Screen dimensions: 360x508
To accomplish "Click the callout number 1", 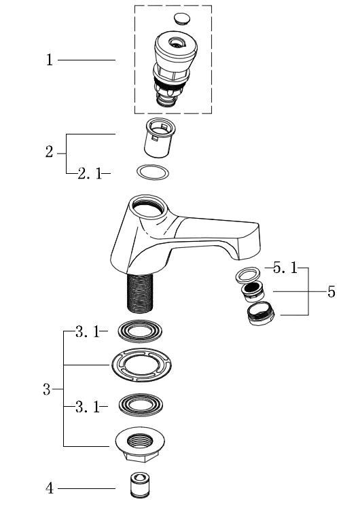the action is click(x=50, y=60).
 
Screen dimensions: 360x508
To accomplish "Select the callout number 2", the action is click(x=49, y=151).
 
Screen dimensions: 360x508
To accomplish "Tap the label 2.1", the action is click(x=90, y=174).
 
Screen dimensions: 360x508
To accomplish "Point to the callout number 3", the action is click(x=47, y=389).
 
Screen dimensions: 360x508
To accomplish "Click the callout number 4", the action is click(x=50, y=488).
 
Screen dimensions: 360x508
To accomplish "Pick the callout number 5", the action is click(x=331, y=292).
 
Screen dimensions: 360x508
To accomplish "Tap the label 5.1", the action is click(x=285, y=268).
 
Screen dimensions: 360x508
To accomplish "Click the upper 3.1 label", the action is click(x=88, y=331).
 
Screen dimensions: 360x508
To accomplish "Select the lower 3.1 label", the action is click(x=88, y=407).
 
